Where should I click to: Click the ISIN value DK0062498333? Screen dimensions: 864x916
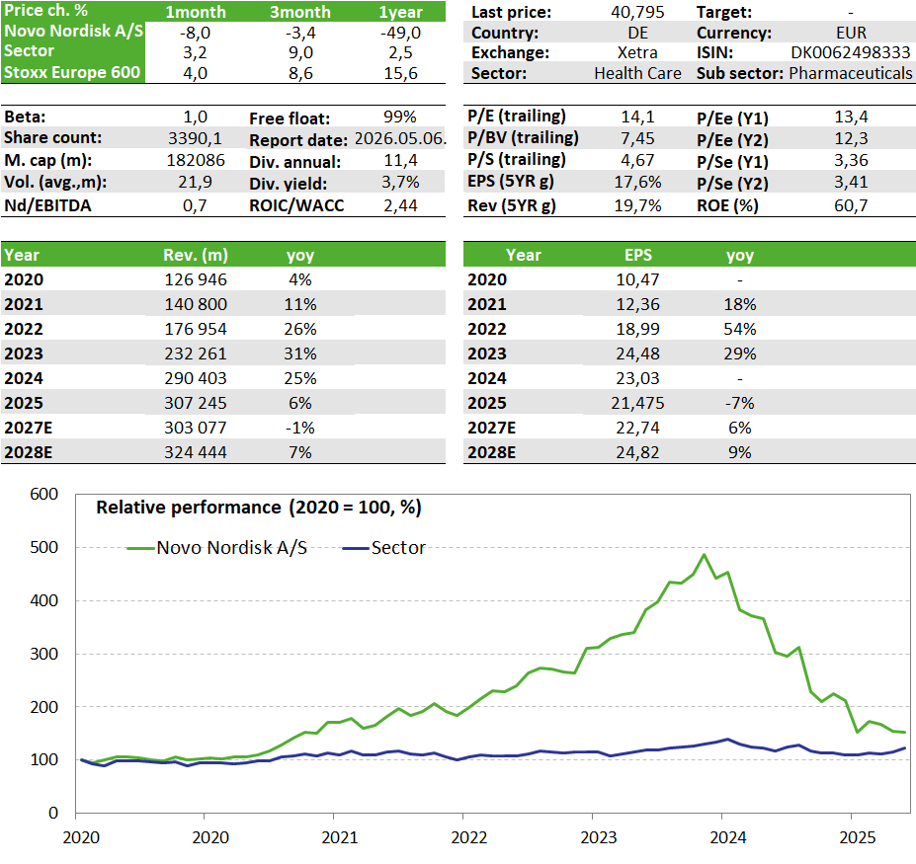point(851,52)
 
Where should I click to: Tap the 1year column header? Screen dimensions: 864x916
point(401,12)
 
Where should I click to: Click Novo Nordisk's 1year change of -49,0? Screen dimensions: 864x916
point(401,32)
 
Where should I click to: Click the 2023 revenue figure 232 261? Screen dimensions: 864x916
point(196,353)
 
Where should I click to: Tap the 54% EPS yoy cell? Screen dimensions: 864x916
point(740,329)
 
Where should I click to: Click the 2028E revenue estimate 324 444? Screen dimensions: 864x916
point(196,452)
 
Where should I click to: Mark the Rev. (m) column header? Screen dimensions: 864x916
point(196,255)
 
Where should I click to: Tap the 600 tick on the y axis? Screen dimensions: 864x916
point(44,494)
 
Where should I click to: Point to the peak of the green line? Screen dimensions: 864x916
point(704,554)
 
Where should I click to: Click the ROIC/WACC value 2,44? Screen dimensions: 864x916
point(401,205)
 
